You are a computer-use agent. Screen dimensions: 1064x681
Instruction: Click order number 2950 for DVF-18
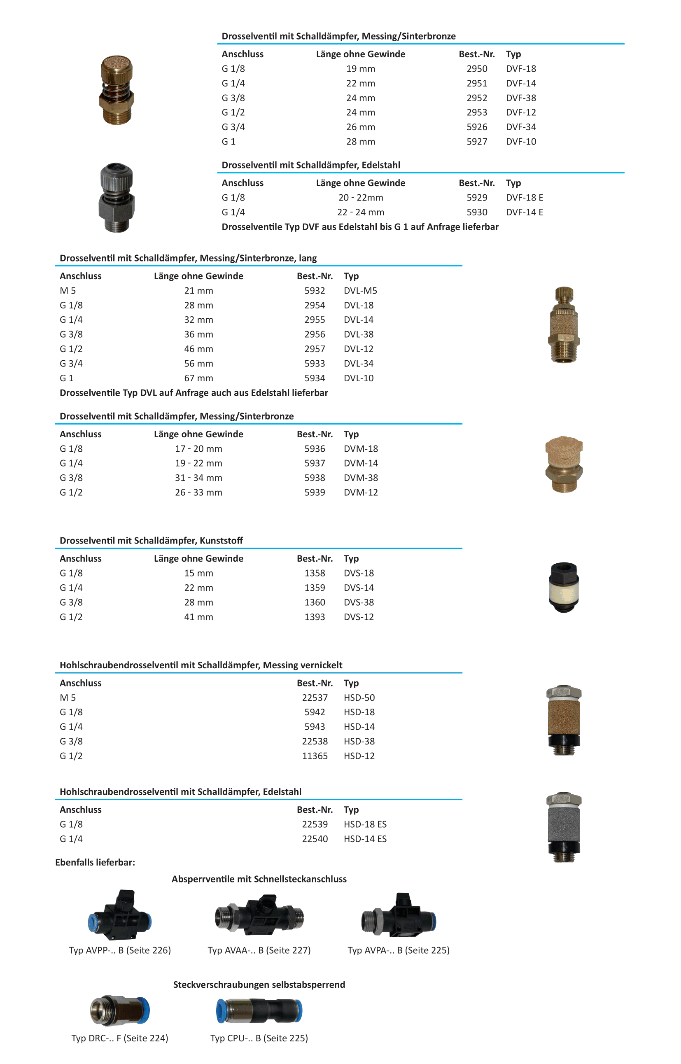[x=477, y=68]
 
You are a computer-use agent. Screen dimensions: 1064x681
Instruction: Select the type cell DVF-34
[x=521, y=127]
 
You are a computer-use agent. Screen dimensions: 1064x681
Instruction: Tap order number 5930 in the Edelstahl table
[x=477, y=212]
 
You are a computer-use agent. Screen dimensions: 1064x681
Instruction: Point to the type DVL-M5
[x=360, y=291]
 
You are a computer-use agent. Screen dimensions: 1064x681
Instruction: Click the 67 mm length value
[x=198, y=378]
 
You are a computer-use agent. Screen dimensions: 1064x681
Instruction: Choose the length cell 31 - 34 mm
[x=198, y=478]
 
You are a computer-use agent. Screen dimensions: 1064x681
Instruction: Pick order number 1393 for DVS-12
[x=315, y=617]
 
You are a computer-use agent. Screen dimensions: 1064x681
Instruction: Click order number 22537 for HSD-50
[x=315, y=698]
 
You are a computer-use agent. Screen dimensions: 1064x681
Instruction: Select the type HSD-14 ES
[x=365, y=839]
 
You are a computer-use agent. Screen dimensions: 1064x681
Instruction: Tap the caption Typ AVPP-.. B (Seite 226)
[x=120, y=950]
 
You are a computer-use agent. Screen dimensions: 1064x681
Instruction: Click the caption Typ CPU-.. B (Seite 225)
[x=259, y=1038]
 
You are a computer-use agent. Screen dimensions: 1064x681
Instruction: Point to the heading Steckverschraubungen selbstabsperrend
[x=259, y=985]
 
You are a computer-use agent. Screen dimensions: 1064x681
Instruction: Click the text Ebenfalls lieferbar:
[x=95, y=862]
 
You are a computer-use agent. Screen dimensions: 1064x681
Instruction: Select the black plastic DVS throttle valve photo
[x=564, y=587]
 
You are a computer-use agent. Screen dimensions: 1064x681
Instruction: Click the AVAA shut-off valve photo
[x=259, y=915]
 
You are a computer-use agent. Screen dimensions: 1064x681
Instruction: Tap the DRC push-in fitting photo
[x=120, y=1010]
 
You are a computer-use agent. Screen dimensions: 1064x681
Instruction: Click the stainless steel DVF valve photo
[x=116, y=197]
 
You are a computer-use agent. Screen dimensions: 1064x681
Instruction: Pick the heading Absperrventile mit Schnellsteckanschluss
[x=259, y=879]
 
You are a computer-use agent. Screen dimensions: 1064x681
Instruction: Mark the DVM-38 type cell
[x=361, y=478]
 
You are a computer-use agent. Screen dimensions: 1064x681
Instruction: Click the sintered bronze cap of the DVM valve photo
[x=564, y=450]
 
